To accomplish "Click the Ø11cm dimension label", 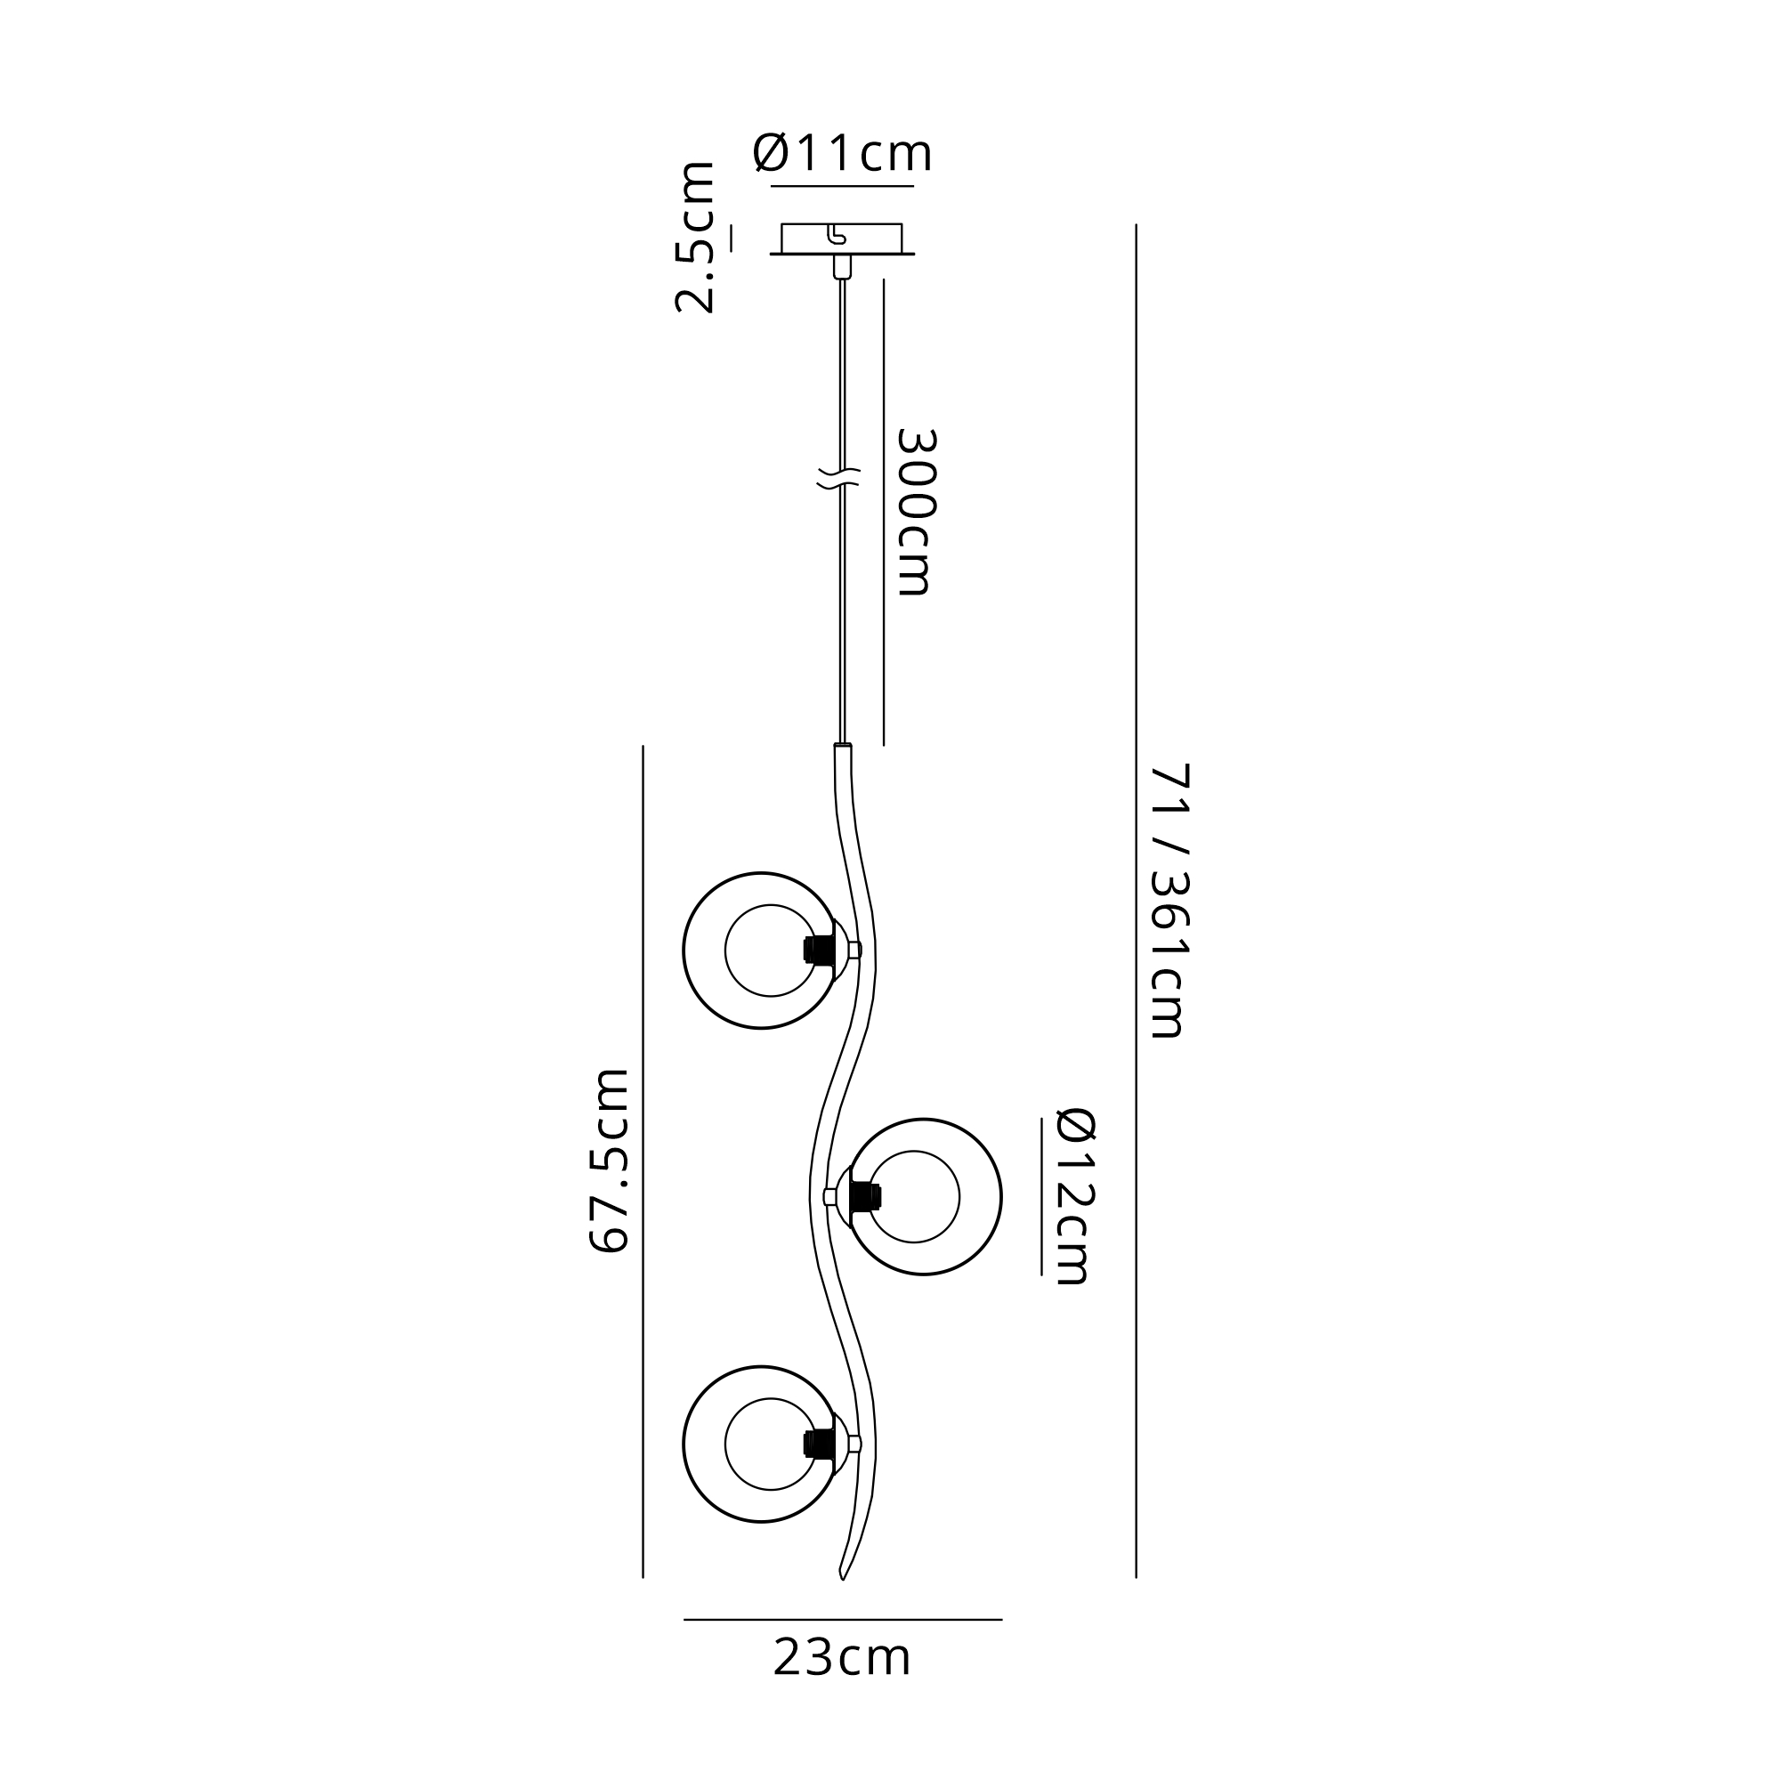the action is (x=842, y=153).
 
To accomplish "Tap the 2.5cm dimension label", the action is (x=696, y=237).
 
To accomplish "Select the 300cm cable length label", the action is (x=917, y=512).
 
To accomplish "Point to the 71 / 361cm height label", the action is (x=1170, y=900).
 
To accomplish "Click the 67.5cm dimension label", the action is (x=608, y=1160).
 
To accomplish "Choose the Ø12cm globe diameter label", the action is (x=1074, y=1196).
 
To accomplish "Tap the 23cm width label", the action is (x=842, y=1657).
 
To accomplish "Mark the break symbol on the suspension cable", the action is (x=838, y=477).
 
